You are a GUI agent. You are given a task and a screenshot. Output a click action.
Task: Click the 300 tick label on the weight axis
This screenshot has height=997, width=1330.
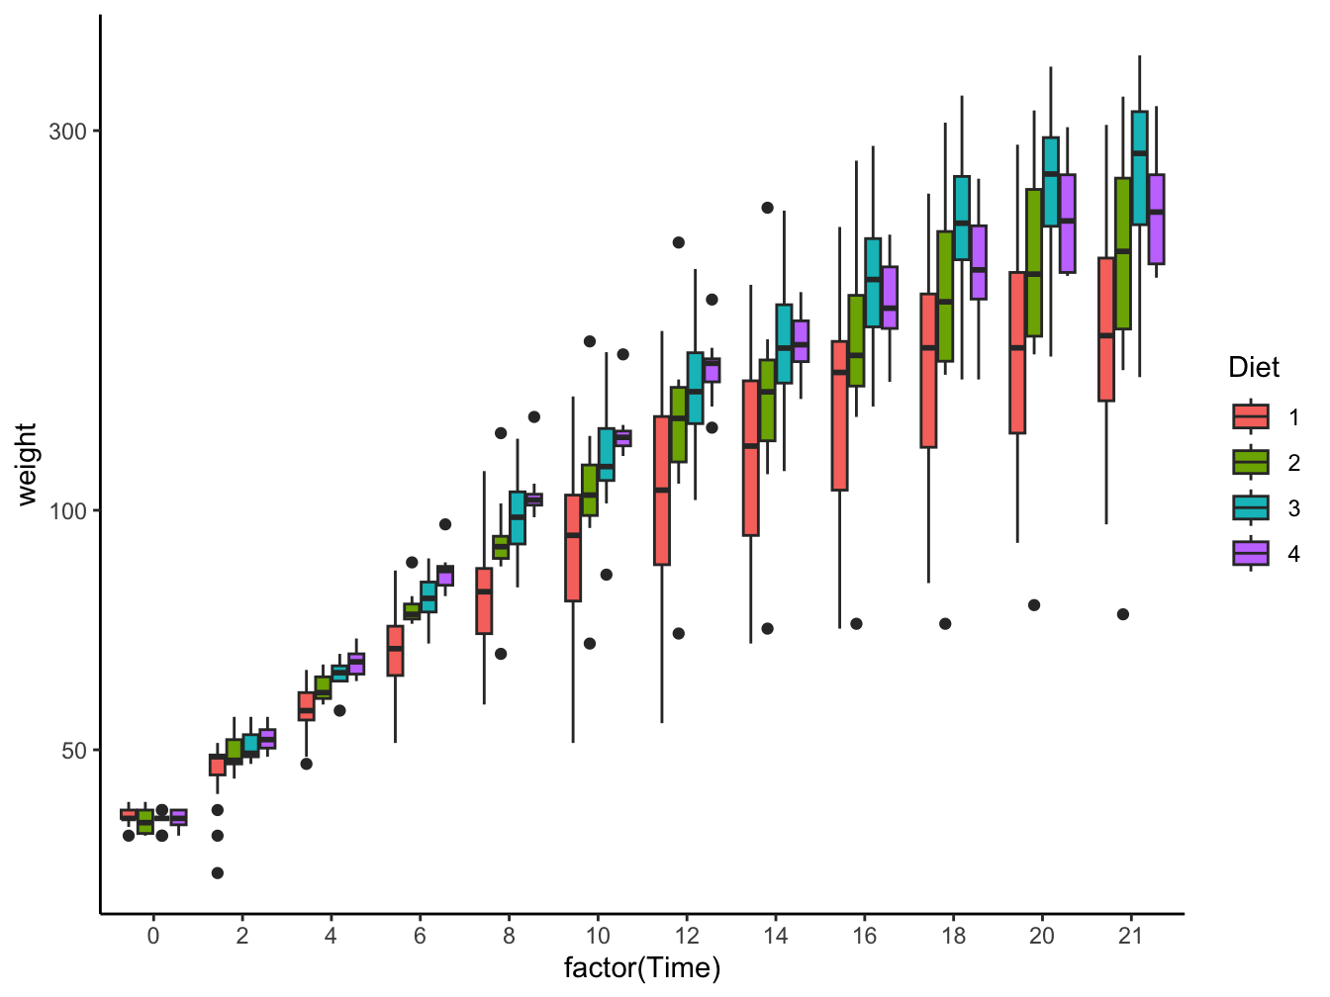67,132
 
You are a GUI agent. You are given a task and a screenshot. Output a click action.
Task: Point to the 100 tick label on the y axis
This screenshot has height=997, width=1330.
67,511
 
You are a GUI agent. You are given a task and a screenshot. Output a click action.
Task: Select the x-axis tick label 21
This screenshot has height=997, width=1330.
1130,936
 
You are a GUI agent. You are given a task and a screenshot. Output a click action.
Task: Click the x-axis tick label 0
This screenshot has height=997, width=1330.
152,936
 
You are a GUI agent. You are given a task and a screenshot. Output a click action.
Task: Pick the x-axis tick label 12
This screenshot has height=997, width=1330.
686,936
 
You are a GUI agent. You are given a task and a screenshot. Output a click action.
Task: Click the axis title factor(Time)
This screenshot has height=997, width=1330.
641,968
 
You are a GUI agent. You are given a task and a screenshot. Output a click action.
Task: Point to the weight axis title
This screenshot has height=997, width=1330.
27,464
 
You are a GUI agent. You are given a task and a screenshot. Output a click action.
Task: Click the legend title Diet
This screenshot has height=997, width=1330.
1253,368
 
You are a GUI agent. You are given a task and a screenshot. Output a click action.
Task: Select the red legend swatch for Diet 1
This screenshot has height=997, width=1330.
1251,416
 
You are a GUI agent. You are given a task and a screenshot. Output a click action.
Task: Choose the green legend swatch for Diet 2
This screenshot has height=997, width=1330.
1251,462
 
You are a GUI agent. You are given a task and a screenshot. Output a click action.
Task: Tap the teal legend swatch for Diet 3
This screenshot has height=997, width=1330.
1251,507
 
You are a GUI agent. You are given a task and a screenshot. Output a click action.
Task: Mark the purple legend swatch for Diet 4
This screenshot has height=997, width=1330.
1251,553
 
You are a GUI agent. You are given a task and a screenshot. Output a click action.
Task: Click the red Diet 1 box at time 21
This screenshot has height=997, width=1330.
1105,329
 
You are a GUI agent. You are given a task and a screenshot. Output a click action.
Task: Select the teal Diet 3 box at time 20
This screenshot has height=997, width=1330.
1050,182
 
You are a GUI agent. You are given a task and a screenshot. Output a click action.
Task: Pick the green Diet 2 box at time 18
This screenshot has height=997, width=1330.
945,296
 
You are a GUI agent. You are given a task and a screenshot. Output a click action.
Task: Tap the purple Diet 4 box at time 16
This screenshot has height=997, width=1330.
890,298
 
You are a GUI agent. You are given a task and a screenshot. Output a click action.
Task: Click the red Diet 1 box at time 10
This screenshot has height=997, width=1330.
572,548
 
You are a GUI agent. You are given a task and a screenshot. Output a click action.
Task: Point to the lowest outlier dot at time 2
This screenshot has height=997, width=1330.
218,873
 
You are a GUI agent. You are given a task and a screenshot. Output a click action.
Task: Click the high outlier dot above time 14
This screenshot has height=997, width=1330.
767,208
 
